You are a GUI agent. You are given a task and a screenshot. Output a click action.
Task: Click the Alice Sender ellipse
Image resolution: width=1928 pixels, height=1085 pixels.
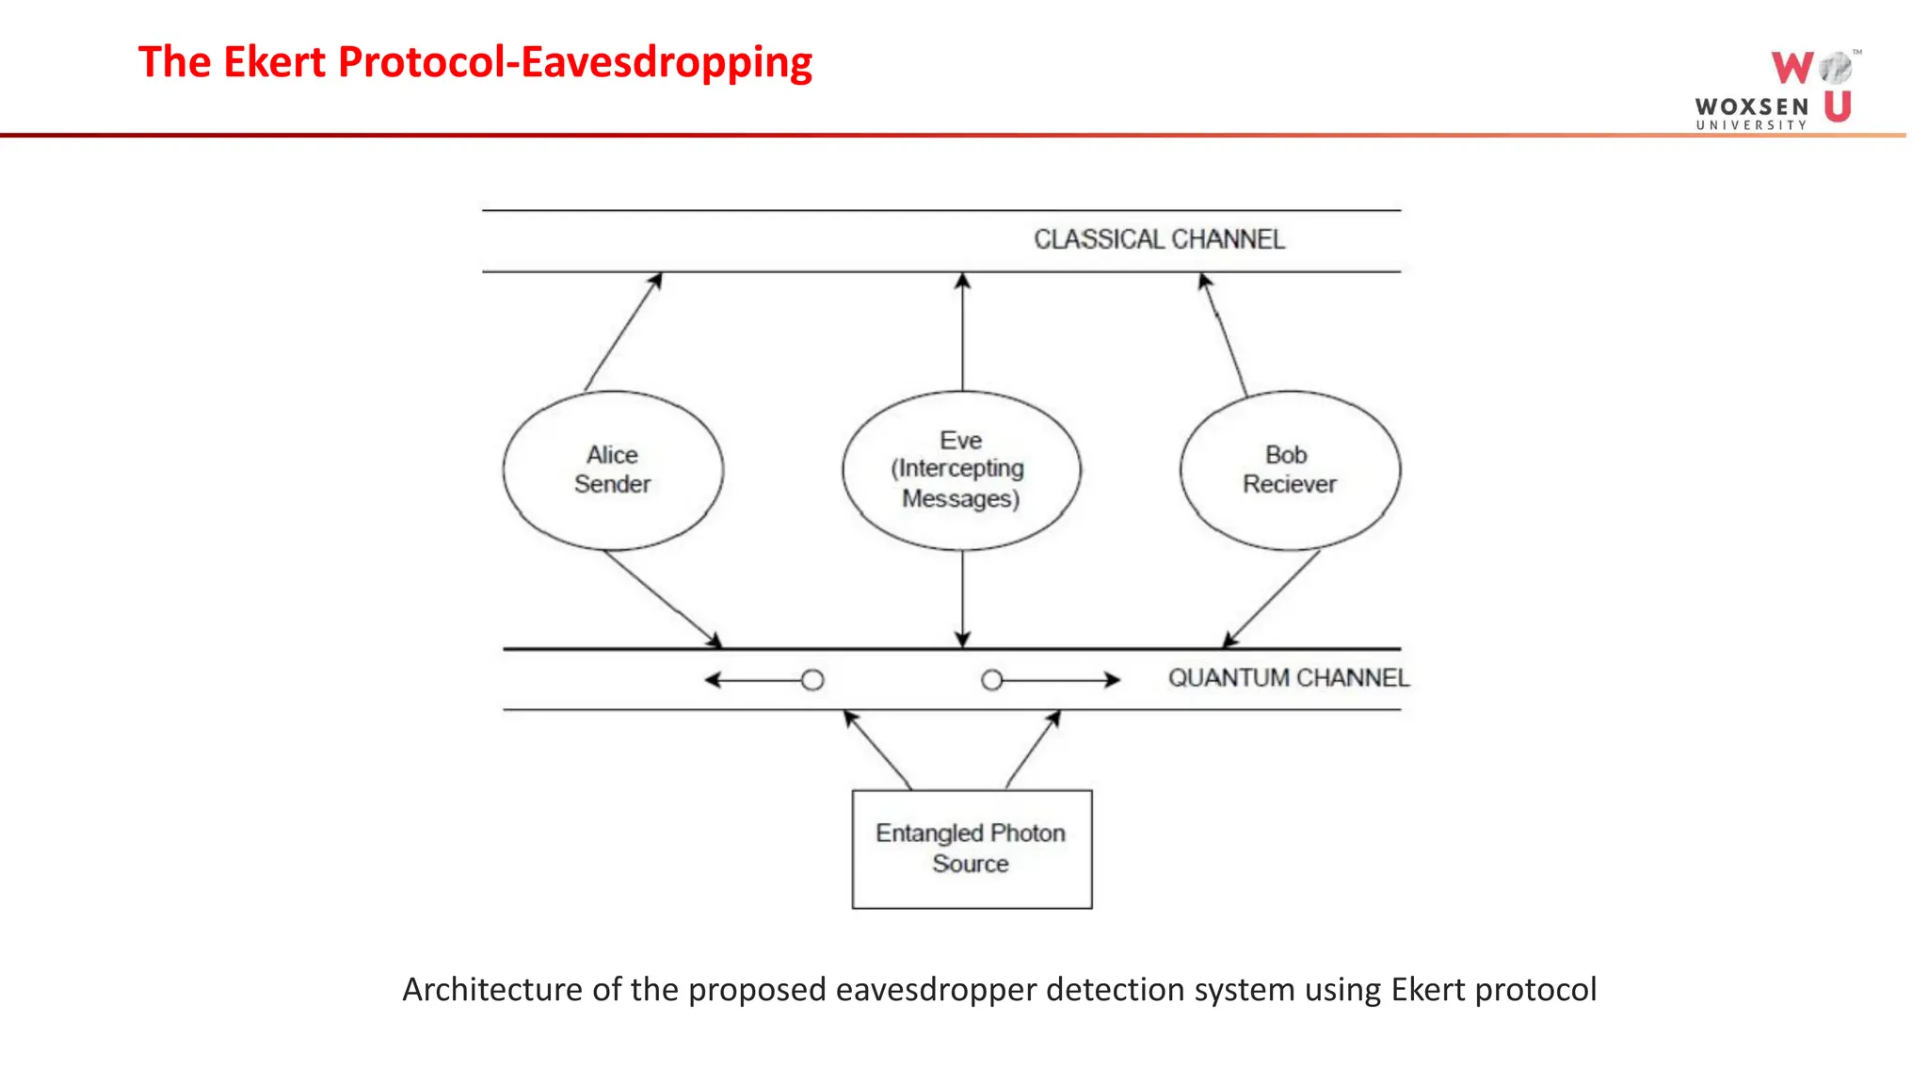(x=613, y=470)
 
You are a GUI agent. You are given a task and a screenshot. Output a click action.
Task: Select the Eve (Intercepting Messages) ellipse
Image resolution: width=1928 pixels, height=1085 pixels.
(x=961, y=470)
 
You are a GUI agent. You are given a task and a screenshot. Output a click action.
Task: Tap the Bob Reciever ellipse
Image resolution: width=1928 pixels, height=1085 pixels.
(x=1290, y=470)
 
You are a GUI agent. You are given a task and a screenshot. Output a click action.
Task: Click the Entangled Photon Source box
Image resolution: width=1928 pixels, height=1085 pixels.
(x=972, y=849)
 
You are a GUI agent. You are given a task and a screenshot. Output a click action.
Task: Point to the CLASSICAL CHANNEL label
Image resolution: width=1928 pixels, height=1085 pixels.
(x=1159, y=239)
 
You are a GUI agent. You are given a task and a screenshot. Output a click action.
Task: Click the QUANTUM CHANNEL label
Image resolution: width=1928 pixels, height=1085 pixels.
(x=1288, y=678)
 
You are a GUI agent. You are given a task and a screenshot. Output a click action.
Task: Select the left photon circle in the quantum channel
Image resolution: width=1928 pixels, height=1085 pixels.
(x=812, y=680)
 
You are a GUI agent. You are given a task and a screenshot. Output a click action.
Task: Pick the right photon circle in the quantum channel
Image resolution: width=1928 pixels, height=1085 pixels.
(x=991, y=680)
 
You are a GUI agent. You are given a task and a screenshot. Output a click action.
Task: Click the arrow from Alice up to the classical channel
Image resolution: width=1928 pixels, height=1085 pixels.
(x=623, y=332)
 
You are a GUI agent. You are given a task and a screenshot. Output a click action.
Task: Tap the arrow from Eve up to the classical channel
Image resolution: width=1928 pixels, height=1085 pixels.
(x=962, y=332)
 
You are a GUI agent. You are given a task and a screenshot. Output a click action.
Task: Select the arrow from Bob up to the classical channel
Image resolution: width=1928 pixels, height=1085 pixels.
(x=1224, y=334)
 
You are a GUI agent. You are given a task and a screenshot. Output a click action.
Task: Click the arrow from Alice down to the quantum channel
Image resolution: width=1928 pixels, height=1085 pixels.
(x=663, y=599)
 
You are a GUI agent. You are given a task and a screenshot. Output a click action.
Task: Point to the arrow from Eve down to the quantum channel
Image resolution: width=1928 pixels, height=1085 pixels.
(x=962, y=599)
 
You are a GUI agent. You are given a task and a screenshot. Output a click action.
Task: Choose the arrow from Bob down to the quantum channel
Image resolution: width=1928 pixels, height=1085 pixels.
(x=1272, y=599)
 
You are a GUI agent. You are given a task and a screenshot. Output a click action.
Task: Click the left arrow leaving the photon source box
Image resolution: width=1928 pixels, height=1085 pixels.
(x=877, y=750)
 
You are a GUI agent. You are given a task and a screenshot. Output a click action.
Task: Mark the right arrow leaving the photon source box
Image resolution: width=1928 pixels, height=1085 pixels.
(x=1033, y=750)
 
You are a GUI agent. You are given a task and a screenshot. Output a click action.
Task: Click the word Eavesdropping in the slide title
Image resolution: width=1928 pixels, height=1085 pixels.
(x=667, y=62)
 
